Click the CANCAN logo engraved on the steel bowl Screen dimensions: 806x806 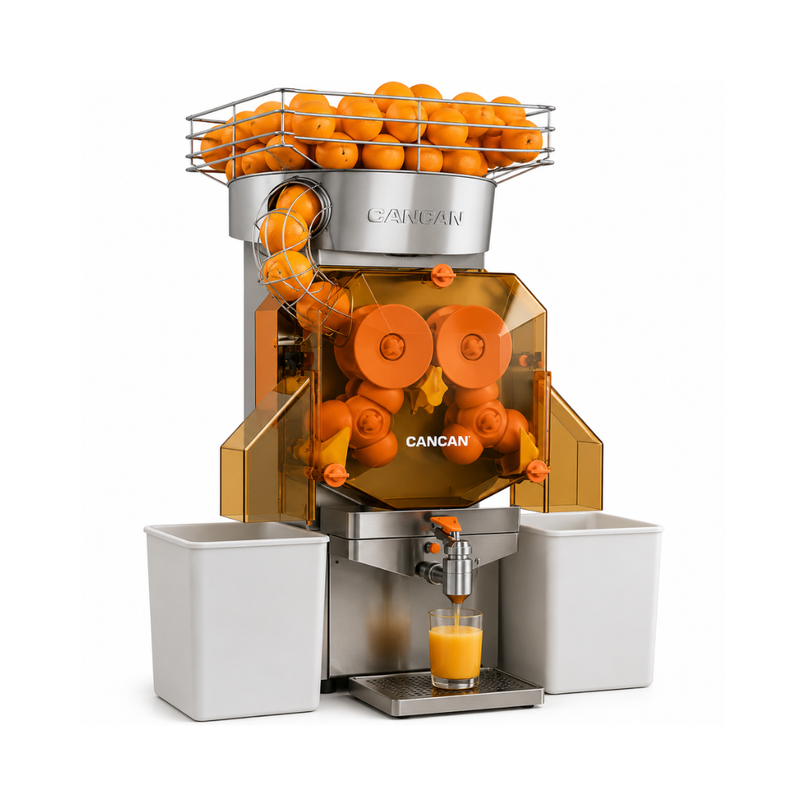pos(415,216)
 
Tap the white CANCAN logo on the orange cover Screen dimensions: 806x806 pos(437,442)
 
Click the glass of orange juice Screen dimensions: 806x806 pos(455,649)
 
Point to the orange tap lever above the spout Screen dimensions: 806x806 pos(443,527)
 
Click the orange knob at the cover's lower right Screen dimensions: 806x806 pos(538,470)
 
